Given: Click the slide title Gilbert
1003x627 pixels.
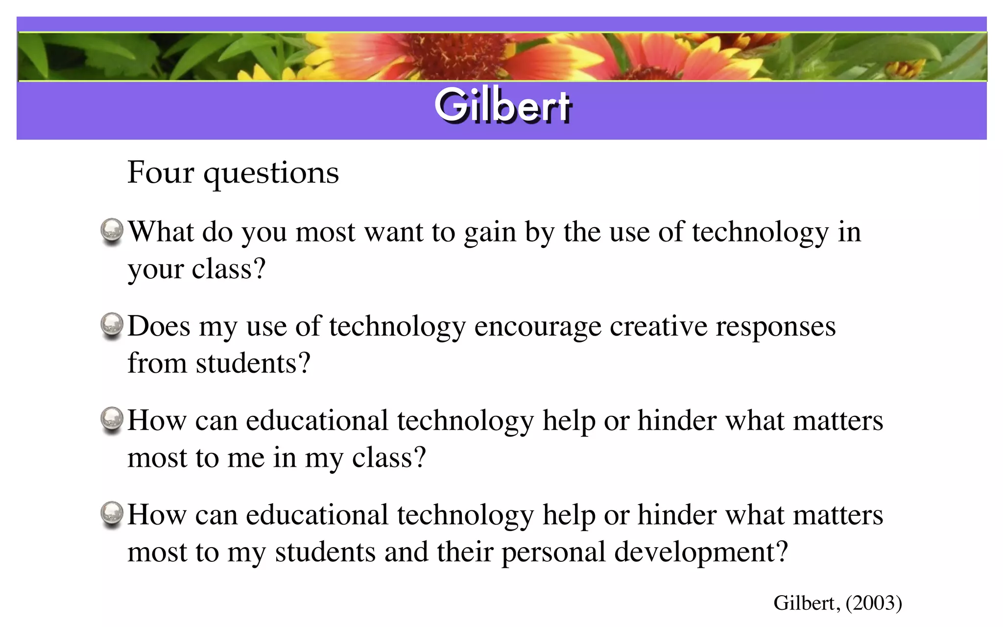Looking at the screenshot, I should point(503,105).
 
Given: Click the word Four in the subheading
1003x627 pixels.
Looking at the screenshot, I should point(161,173).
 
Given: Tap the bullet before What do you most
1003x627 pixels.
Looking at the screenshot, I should point(112,231).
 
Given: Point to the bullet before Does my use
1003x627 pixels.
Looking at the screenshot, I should point(112,325).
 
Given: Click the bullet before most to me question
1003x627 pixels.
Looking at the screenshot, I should point(112,420).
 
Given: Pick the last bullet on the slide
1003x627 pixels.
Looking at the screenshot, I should point(112,514).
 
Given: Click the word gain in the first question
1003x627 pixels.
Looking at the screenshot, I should point(490,233).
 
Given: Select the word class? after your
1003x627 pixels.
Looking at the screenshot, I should point(229,269).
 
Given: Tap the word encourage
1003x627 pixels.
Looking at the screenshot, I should point(537,327).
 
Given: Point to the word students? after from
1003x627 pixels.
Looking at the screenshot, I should point(253,363).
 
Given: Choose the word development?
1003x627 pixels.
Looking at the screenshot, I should point(701,553).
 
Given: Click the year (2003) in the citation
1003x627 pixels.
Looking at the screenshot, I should point(874,603).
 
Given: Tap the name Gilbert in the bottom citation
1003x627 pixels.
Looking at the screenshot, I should point(806,603).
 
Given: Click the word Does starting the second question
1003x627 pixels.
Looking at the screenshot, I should point(159,326).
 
